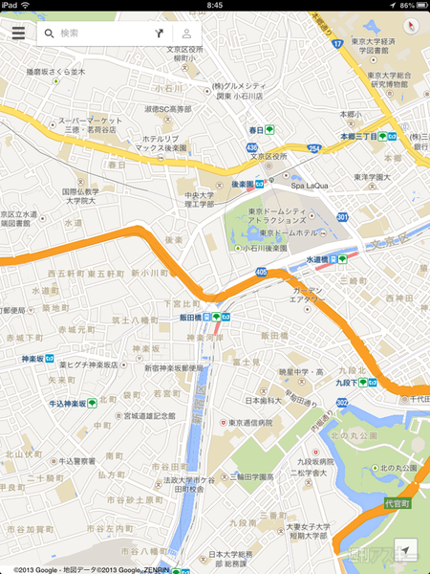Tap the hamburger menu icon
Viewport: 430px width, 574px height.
click(x=19, y=33)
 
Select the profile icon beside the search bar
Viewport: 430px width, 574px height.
click(x=187, y=33)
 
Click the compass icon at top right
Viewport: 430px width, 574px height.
click(x=408, y=25)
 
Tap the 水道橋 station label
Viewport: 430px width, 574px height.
click(x=320, y=259)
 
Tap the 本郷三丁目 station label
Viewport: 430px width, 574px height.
click(x=359, y=137)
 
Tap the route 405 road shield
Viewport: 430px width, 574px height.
click(x=262, y=273)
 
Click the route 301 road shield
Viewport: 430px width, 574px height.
click(x=342, y=217)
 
